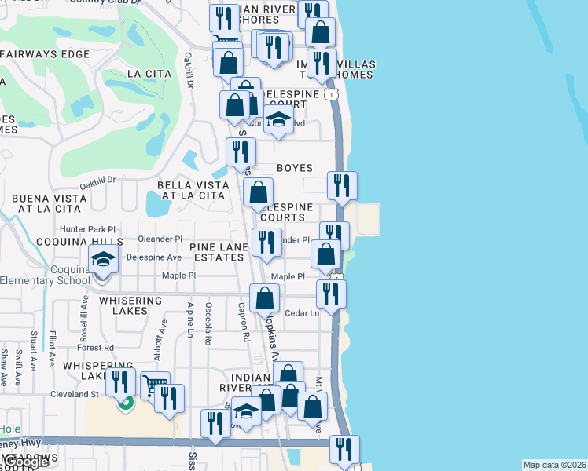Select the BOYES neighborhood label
click(295, 168)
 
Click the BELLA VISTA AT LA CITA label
click(193, 191)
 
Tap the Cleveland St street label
click(73, 394)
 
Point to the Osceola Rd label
click(208, 324)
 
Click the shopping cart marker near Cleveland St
click(154, 385)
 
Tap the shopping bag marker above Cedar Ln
click(265, 297)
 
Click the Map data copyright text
click(555, 465)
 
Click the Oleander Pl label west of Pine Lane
click(160, 239)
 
